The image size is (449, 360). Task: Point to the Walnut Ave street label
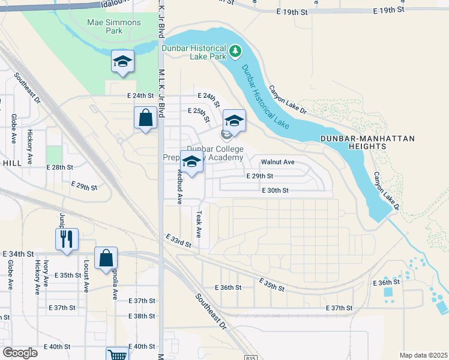(277, 162)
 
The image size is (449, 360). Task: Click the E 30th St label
(276, 190)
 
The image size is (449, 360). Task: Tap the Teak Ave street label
(197, 223)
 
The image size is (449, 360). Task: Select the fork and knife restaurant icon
(66, 239)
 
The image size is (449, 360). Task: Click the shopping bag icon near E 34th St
(106, 258)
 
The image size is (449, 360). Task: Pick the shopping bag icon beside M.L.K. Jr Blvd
(145, 118)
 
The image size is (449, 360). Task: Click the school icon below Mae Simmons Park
(123, 62)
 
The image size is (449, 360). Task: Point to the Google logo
(20, 353)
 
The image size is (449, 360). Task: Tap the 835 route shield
(251, 358)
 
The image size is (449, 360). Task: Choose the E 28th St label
(62, 167)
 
